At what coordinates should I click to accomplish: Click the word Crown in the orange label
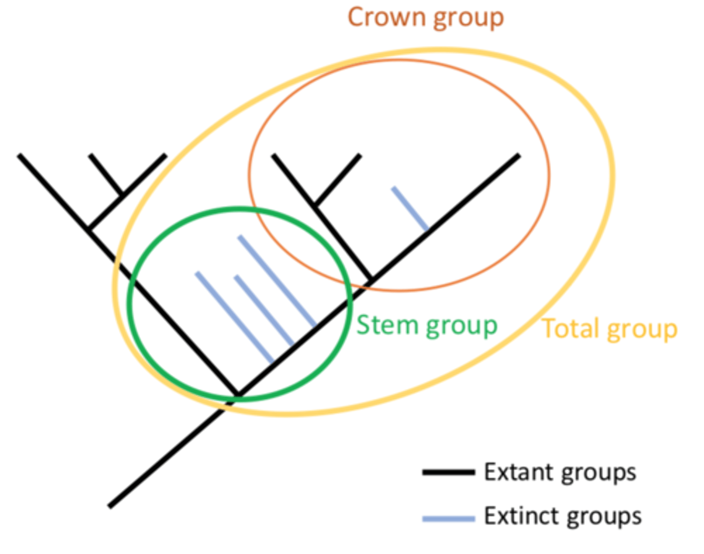tap(386, 17)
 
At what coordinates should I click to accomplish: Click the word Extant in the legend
tap(518, 472)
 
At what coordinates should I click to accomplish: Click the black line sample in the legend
tap(448, 472)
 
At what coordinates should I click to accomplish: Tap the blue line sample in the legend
tap(448, 518)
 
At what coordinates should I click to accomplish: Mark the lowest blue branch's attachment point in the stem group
tap(273, 363)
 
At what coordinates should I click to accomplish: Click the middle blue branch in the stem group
tap(264, 311)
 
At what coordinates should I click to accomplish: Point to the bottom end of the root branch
tap(110, 506)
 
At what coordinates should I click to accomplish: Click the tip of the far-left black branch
tap(19, 155)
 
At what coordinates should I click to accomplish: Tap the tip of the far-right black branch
tap(519, 156)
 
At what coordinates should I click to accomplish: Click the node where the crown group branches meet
tap(371, 280)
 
